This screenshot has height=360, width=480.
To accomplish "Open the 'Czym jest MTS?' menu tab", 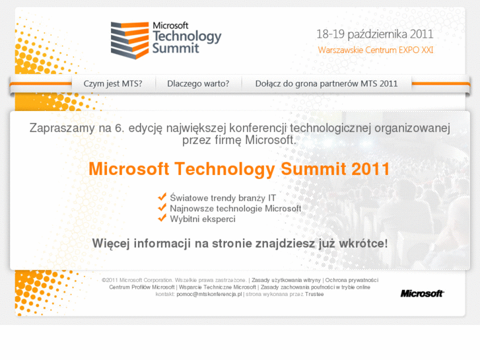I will pyautogui.click(x=112, y=84).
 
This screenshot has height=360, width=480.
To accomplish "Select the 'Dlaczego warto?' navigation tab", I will pyautogui.click(x=198, y=84).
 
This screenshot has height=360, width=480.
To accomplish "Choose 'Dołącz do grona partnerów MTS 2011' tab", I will pyautogui.click(x=326, y=84).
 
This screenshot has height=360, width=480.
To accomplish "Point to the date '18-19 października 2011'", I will pyautogui.click(x=374, y=34).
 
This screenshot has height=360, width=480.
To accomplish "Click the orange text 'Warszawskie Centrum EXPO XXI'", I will pyautogui.click(x=376, y=50).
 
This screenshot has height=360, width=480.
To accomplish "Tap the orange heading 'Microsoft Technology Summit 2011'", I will pyautogui.click(x=239, y=169).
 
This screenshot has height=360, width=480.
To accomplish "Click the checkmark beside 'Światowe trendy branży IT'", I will pyautogui.click(x=162, y=197).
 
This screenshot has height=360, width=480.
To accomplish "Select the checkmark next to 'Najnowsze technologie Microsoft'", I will pyautogui.click(x=162, y=207).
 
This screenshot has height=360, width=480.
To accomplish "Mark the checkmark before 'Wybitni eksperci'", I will pyautogui.click(x=162, y=218).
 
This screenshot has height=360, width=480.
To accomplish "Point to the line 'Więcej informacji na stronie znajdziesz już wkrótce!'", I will pyautogui.click(x=240, y=244).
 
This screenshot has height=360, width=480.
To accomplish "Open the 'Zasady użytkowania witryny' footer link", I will pyautogui.click(x=286, y=280).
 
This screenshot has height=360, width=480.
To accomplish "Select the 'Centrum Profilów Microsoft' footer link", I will pyautogui.click(x=142, y=287).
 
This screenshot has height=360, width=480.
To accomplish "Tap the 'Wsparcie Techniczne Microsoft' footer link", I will pyautogui.click(x=217, y=287).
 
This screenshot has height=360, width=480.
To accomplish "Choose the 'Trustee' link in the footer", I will pyautogui.click(x=314, y=295).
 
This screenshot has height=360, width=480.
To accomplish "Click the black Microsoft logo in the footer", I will pyautogui.click(x=422, y=293).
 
